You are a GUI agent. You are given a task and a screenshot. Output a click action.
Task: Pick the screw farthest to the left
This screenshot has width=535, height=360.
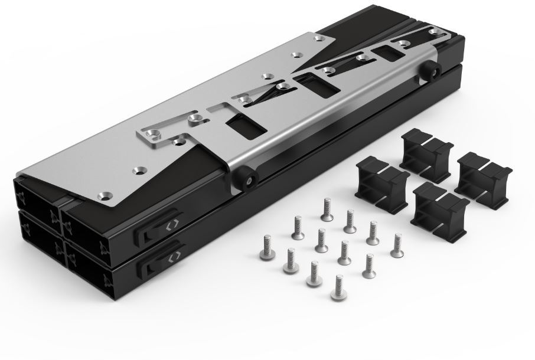click(265, 248)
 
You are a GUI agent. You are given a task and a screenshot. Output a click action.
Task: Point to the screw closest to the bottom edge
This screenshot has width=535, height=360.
click(338, 286)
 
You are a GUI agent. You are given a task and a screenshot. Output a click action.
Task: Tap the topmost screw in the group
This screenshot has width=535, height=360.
click(326, 208)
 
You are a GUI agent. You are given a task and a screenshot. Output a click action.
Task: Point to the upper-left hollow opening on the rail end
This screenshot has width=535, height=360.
click(34, 196)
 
